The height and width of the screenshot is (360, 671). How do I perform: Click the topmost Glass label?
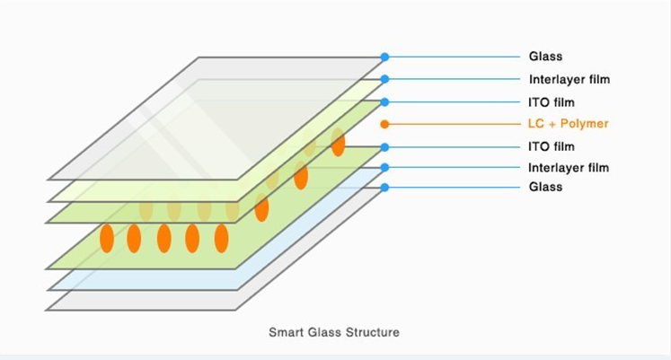[545, 57]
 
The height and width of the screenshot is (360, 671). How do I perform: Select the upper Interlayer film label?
[569, 79]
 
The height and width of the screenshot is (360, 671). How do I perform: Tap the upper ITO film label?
[551, 101]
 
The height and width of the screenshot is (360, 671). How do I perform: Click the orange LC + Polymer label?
[568, 124]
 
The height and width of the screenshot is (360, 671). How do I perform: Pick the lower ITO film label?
[551, 146]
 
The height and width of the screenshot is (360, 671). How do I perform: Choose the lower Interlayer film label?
[569, 167]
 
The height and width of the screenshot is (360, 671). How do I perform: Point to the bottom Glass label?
[545, 187]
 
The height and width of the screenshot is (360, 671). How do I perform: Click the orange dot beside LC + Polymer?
[384, 124]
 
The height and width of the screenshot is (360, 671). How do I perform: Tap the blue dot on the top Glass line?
[384, 57]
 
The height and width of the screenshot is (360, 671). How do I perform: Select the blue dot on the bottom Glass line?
[384, 187]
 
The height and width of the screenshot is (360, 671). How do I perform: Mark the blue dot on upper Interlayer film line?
[384, 79]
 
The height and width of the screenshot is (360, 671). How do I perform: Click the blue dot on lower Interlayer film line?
[384, 167]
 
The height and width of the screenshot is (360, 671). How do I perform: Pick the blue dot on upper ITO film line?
[384, 101]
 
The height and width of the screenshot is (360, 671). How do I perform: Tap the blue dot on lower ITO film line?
[384, 146]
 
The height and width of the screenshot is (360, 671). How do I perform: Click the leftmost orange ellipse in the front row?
[106, 238]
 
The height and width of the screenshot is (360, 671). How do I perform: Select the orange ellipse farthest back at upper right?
[338, 142]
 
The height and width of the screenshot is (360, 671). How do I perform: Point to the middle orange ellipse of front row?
[163, 238]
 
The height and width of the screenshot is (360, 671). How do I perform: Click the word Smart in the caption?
[286, 332]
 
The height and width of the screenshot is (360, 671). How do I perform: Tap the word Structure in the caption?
[371, 332]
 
